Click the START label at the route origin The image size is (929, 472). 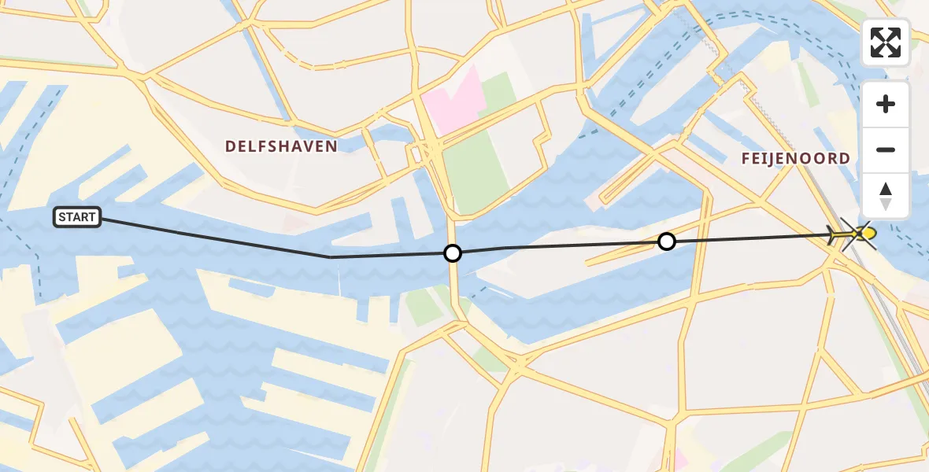click(x=77, y=217)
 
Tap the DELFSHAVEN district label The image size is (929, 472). click(x=281, y=146)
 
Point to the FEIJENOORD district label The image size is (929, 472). click(x=796, y=158)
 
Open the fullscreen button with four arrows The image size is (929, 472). click(x=886, y=42)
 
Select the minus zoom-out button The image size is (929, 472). click(x=886, y=149)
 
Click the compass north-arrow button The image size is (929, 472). click(x=886, y=195)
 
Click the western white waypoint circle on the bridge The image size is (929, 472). click(x=453, y=253)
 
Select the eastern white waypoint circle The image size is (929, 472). click(x=667, y=242)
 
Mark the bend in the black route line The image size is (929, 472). click(x=331, y=257)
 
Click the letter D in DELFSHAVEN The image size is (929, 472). click(x=231, y=146)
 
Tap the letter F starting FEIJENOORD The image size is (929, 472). click(x=746, y=158)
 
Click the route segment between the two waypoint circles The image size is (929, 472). click(x=559, y=246)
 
